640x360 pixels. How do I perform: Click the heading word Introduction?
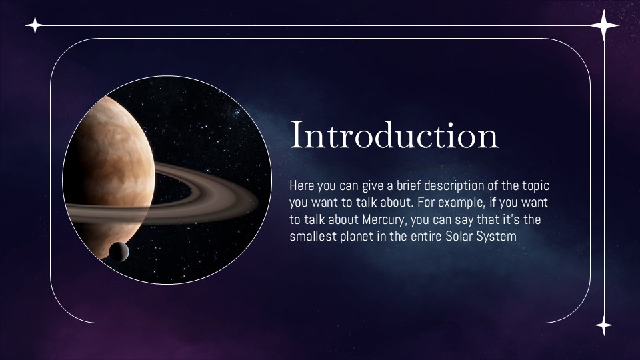(x=394, y=135)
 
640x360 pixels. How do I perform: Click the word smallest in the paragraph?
(x=312, y=236)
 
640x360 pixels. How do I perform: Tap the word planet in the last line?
(x=356, y=236)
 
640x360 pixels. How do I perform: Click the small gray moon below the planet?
(x=119, y=251)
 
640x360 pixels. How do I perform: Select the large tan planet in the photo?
(x=110, y=167)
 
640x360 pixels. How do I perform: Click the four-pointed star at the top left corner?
(x=35, y=26)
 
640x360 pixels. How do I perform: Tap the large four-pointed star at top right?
(x=604, y=27)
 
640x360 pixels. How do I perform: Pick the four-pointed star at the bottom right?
(x=603, y=325)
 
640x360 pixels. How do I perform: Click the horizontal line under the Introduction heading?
(x=420, y=165)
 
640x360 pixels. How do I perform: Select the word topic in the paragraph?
(x=535, y=186)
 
